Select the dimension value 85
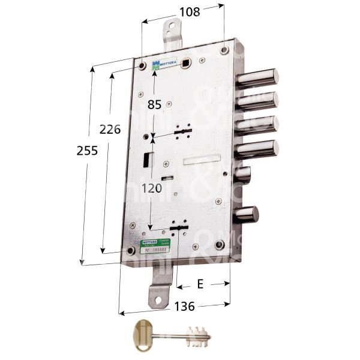click(x=154, y=104)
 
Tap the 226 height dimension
click(x=110, y=129)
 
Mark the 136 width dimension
click(x=184, y=306)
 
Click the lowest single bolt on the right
click(x=246, y=214)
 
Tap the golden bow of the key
click(x=143, y=331)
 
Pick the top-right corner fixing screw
click(x=224, y=50)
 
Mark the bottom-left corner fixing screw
click(x=128, y=250)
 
